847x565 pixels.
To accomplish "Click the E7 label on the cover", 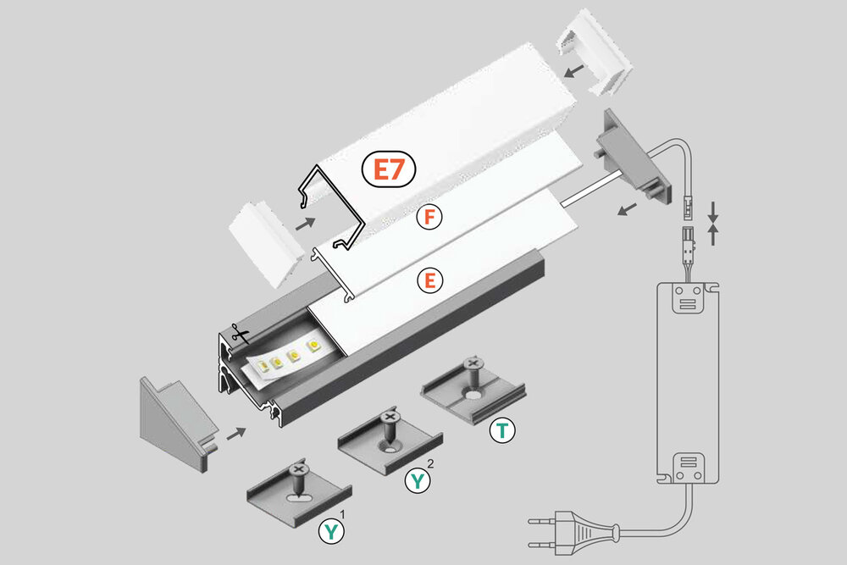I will point(389,170).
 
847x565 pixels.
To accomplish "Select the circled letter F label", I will point(429,218).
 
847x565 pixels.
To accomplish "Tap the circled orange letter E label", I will point(429,280).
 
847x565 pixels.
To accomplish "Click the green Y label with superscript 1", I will point(331,532).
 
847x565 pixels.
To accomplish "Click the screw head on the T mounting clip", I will point(473,365).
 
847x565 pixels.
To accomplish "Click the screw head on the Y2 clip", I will point(390,417).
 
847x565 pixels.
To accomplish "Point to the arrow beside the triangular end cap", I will point(236,433).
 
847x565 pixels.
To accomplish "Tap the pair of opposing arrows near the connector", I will point(713,223).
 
